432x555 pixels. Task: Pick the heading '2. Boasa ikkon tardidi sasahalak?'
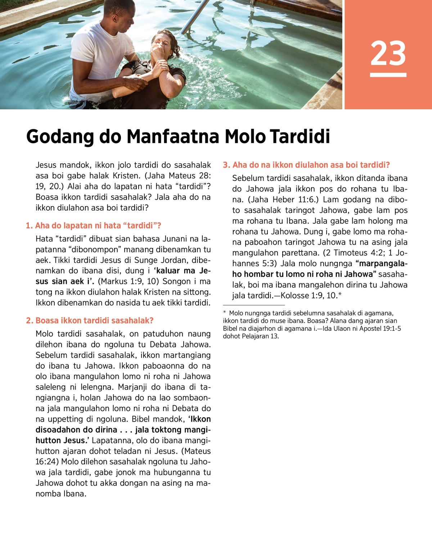(x=90, y=320)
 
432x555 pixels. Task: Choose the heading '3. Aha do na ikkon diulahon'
(x=306, y=165)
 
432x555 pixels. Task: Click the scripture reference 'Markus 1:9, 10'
(x=127, y=281)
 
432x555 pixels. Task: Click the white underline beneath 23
(x=388, y=75)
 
